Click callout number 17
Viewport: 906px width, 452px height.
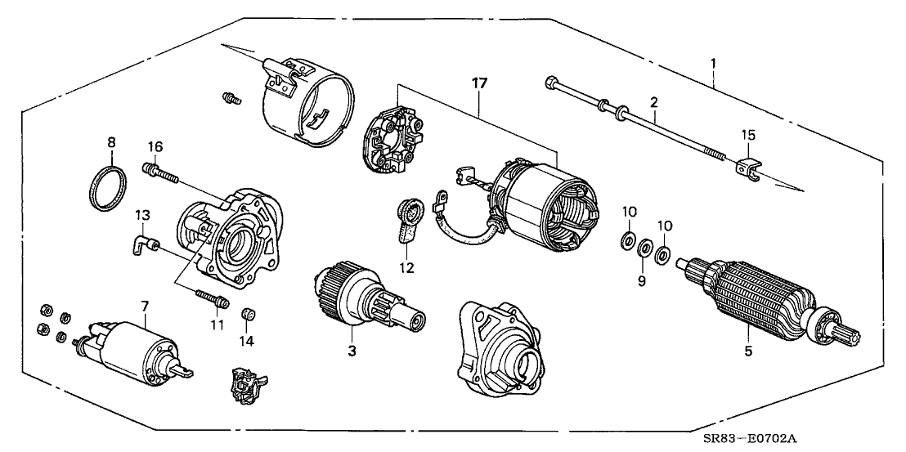[479, 83]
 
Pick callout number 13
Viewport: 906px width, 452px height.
[141, 214]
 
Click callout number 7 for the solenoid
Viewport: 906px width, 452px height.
[144, 306]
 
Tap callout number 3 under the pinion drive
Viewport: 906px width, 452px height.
[352, 351]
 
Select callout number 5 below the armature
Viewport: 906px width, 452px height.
[747, 353]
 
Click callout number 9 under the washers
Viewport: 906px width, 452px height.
[642, 280]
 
